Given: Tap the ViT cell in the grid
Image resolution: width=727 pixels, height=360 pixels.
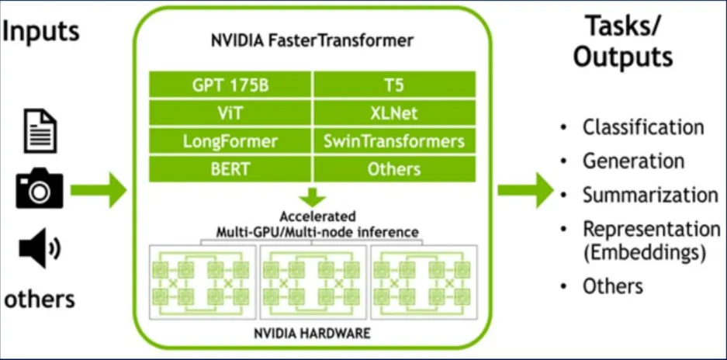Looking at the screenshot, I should click(x=230, y=113).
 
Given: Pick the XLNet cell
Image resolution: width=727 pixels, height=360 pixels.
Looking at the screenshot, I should click(x=394, y=113).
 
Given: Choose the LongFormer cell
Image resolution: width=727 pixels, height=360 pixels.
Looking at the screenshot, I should click(x=230, y=141).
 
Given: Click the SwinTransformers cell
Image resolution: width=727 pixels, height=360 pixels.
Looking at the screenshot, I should click(x=394, y=141).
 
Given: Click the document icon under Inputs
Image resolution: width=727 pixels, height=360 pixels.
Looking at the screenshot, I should click(x=40, y=130).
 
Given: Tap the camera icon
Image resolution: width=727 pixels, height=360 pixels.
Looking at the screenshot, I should click(x=39, y=189).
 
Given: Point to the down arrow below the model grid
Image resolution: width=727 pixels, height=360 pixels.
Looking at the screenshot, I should click(x=312, y=196).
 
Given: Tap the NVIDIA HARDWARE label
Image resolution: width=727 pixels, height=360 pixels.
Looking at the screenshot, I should click(x=312, y=334).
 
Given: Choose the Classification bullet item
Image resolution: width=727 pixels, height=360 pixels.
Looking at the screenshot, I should click(x=643, y=127).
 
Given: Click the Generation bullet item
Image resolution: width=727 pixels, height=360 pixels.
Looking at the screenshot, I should click(x=633, y=161).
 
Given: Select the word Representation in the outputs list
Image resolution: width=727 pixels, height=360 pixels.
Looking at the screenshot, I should click(x=651, y=229).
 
